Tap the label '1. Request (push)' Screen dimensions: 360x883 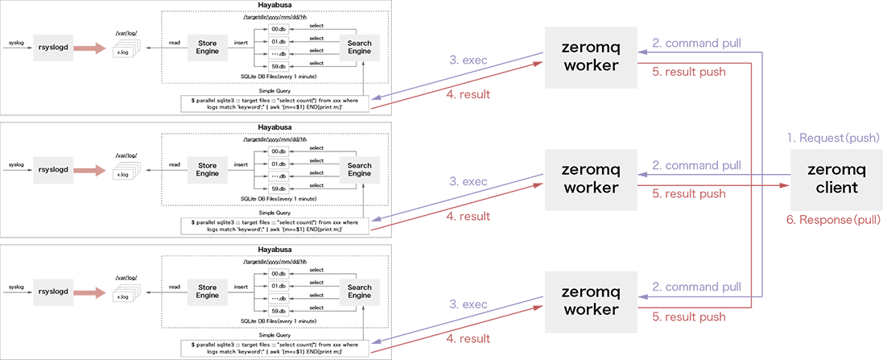[834, 138]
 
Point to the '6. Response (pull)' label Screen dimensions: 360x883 [834, 219]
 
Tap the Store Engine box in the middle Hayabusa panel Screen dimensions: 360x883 [207, 169]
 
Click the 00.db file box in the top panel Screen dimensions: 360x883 [279, 30]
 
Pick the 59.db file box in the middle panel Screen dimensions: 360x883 [279, 188]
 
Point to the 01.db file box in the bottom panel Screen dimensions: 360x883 [279, 286]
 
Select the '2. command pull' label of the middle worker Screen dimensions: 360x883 [696, 166]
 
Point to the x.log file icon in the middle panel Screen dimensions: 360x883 [123, 174]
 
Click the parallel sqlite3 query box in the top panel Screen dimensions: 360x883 [275, 103]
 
